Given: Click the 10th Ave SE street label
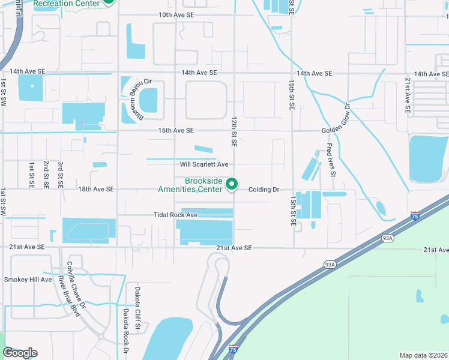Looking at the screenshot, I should [176, 14].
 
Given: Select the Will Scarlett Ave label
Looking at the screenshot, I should [204, 164].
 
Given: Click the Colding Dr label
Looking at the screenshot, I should [264, 190].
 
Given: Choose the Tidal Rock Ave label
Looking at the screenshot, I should [175, 215].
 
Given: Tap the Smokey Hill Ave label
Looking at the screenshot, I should [28, 280].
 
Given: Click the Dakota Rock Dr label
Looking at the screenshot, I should [126, 331].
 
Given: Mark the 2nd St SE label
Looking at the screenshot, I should [46, 175].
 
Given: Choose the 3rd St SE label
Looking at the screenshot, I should [61, 175].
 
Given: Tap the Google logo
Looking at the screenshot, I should [20, 353].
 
